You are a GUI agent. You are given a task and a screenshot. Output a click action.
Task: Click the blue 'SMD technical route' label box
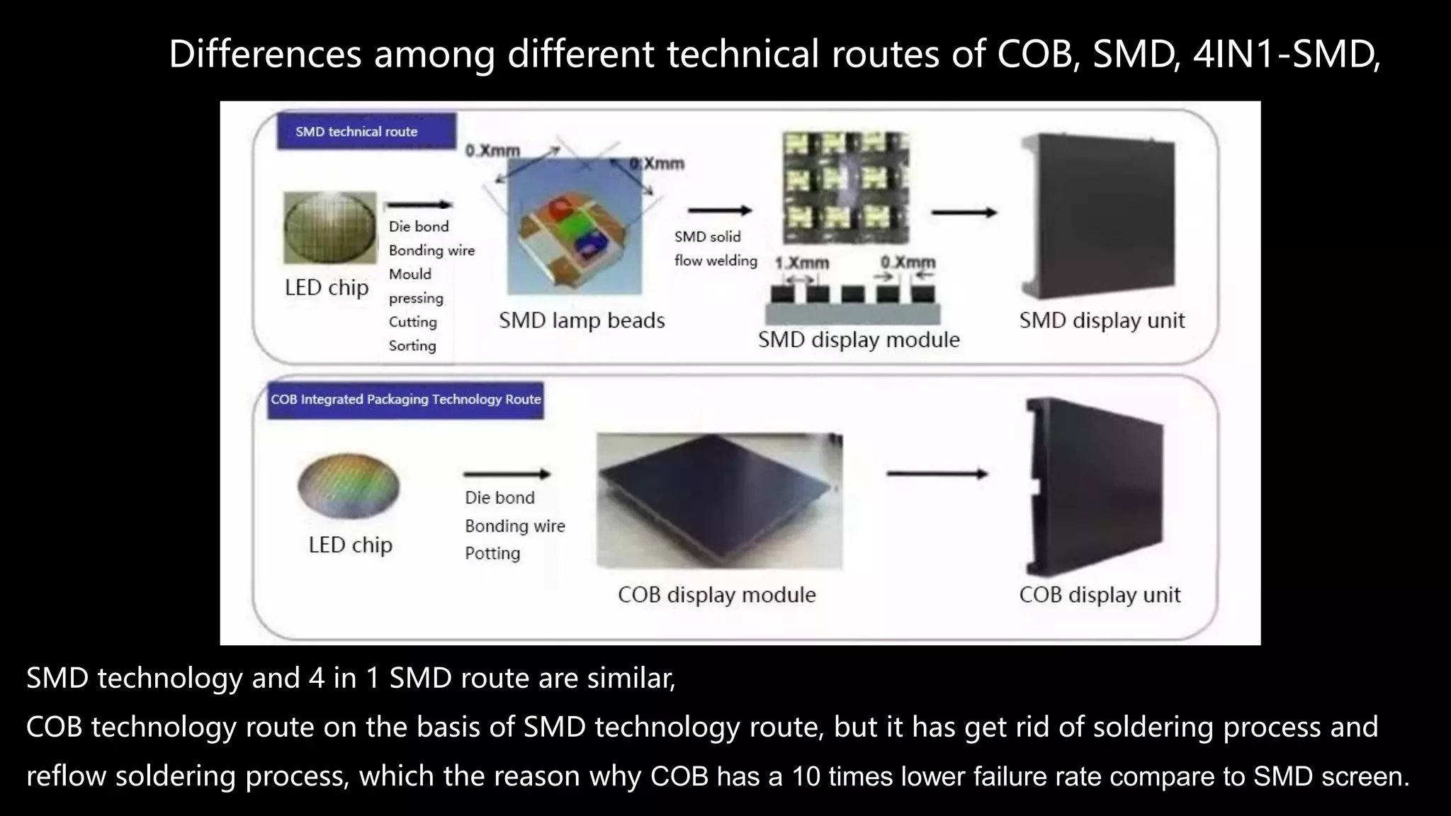[x=366, y=132]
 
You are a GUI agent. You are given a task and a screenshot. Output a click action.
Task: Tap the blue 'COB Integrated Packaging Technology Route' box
[x=405, y=400]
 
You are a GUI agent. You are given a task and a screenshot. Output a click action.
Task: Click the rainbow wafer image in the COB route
[x=349, y=487]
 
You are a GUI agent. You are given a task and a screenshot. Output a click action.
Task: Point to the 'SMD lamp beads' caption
[x=582, y=321]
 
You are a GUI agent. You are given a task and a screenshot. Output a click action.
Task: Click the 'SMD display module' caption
[x=859, y=340]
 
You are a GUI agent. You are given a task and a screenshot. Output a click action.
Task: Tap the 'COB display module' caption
[x=716, y=595]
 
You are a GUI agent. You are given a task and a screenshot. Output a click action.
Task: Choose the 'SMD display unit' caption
[x=1102, y=321]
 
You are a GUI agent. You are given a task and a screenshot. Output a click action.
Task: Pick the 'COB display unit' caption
[x=1100, y=595]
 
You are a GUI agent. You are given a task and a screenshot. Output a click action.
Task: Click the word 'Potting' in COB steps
[x=492, y=553]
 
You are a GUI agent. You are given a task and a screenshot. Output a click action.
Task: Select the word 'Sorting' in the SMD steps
[x=412, y=346]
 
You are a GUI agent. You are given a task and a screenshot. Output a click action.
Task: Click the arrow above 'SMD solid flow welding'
[x=719, y=210]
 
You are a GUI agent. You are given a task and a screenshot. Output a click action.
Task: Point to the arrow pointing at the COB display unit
[x=936, y=474]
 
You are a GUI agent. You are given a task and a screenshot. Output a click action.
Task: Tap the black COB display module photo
[x=719, y=499]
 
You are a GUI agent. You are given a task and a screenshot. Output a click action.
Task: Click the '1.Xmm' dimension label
[x=802, y=263]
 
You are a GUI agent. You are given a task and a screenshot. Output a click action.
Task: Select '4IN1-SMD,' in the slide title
[x=1287, y=55]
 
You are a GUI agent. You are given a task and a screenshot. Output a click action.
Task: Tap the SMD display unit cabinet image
[x=1097, y=216]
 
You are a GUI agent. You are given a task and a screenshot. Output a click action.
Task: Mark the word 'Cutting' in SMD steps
[x=412, y=322]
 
